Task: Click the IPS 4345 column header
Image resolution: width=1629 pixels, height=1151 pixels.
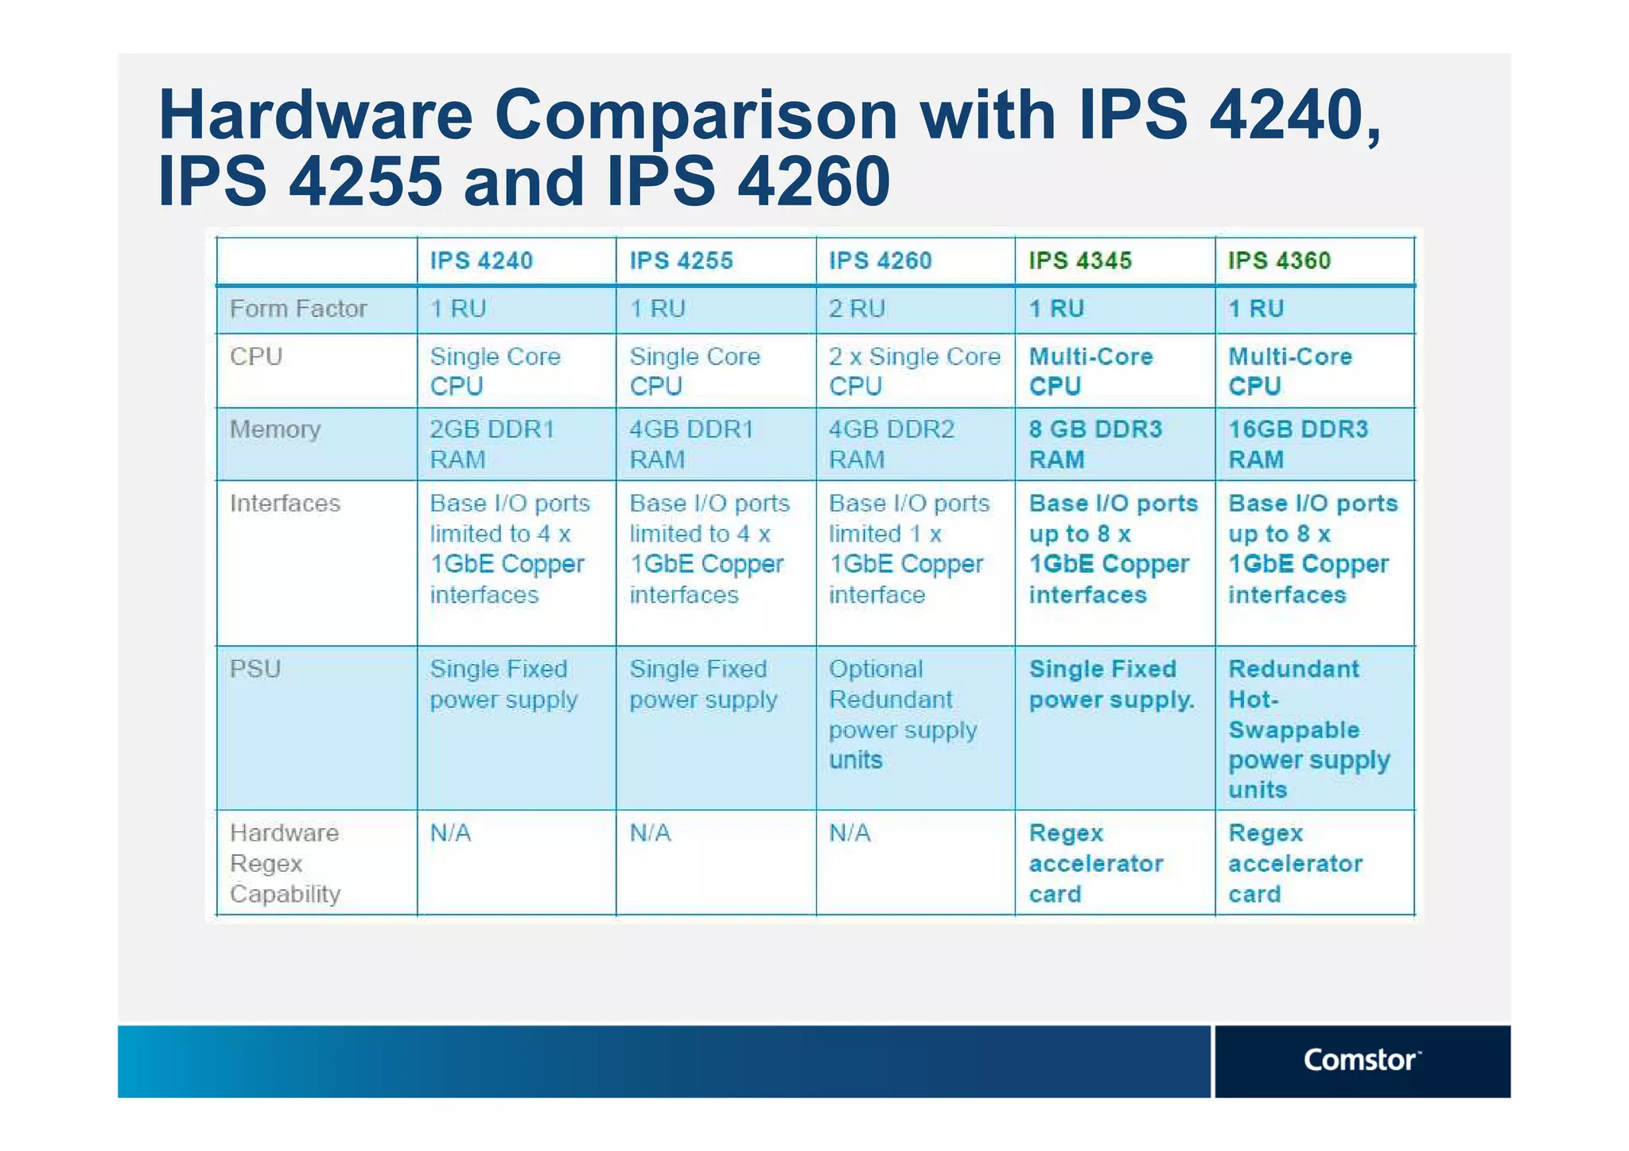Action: click(1079, 261)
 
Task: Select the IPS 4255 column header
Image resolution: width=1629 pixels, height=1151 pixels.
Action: click(681, 261)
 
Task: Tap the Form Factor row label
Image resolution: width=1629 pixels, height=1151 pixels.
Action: click(298, 309)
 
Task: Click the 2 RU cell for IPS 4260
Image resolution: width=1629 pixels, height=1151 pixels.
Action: click(857, 309)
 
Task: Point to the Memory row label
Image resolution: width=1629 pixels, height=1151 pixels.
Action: click(275, 430)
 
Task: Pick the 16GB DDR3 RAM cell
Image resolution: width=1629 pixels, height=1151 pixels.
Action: click(1297, 444)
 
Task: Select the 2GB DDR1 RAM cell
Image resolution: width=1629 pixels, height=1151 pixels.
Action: click(492, 444)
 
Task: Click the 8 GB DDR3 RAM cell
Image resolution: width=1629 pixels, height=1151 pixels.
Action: click(1094, 444)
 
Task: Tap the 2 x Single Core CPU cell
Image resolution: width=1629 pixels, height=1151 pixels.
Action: click(914, 371)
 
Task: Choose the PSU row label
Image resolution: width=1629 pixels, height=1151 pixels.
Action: click(255, 669)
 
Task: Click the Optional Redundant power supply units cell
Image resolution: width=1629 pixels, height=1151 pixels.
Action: click(903, 714)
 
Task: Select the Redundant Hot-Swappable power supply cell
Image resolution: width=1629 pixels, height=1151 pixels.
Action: click(1308, 729)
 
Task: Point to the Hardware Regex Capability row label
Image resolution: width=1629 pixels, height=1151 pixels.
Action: click(285, 863)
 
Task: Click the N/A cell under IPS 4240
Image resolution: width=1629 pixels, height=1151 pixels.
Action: click(450, 833)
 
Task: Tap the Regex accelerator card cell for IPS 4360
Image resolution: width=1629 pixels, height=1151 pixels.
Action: click(1295, 863)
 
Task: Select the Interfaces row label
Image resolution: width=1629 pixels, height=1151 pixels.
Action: click(285, 504)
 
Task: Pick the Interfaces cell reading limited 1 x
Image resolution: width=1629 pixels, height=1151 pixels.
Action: click(908, 549)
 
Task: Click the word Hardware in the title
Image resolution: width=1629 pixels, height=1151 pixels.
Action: click(316, 115)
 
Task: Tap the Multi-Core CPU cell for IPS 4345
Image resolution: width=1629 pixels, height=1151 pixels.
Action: click(1091, 371)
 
